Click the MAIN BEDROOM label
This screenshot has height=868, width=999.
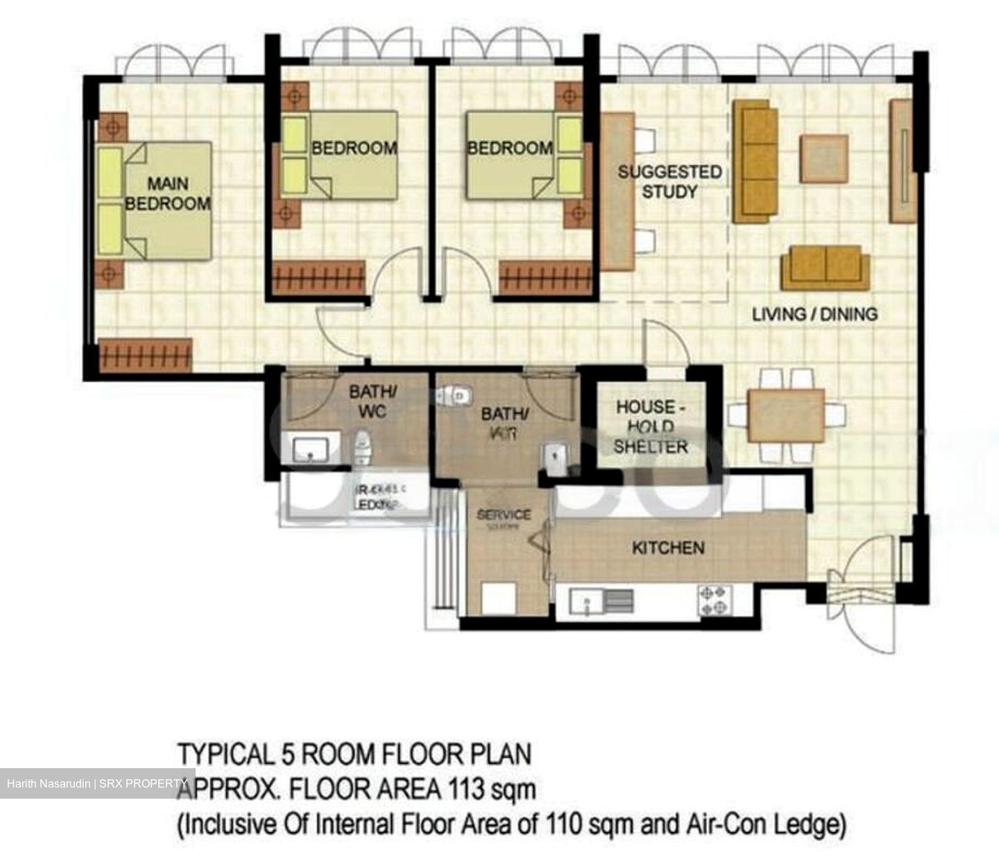pos(167,193)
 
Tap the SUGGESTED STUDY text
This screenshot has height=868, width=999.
pos(669,181)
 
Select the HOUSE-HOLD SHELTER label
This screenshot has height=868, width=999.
pos(650,426)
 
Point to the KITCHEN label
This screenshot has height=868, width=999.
pos(667,548)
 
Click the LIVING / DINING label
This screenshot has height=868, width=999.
pos(814,314)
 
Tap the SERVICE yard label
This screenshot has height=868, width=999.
pos(504,515)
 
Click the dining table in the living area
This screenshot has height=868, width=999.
pos(786,415)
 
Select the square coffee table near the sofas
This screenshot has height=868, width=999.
pos(823,159)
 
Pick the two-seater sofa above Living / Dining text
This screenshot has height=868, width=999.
pos(825,267)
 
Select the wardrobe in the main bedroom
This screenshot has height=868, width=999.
pos(145,355)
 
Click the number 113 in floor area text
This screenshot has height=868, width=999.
pos(471,789)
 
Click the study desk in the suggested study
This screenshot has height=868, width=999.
pos(617,192)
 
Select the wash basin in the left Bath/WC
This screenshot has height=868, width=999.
pos(310,449)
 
